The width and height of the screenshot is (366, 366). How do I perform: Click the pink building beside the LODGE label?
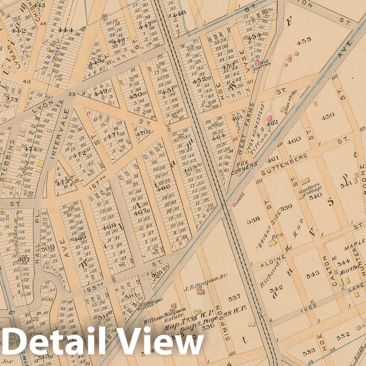pos(234,205)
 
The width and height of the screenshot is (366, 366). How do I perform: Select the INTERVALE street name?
pos(58,134)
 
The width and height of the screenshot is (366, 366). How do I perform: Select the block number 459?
pos(328,117)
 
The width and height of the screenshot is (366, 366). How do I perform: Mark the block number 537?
pos(234,297)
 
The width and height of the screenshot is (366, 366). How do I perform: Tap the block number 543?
pos(313,274)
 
